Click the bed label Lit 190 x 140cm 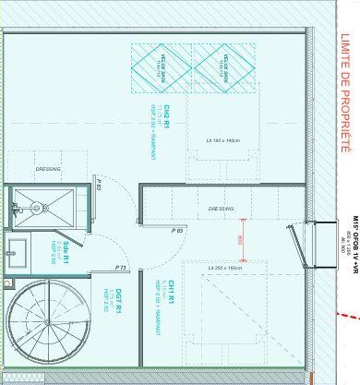point(222,139)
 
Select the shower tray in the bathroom point(43,202)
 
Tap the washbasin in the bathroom point(16,249)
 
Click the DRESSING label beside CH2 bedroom point(47,169)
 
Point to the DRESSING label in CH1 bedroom point(221,208)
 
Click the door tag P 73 point(121,267)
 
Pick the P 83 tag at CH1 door point(177,228)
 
